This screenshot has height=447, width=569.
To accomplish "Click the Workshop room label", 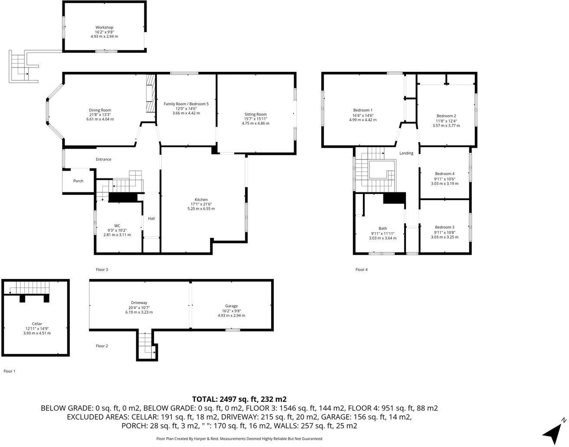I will (104, 27).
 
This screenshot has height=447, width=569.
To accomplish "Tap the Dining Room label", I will (100, 110).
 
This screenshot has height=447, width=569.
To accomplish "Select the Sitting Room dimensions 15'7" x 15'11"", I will (255, 119).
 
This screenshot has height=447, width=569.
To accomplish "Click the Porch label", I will (78, 181).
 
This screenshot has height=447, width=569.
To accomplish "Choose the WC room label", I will (117, 225).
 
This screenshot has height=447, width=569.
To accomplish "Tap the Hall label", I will (151, 218).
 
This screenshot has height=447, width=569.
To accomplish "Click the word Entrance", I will (104, 159).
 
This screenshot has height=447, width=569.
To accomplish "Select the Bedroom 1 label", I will (363, 110).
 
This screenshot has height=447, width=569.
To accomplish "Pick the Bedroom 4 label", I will (445, 174).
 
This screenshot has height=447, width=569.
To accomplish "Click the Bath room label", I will (383, 228).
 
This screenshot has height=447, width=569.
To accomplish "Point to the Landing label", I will (406, 153).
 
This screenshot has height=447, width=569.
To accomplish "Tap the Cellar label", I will (37, 324).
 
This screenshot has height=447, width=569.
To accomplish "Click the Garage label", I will (231, 306).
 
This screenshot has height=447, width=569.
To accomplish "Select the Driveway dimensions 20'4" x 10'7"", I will (139, 307).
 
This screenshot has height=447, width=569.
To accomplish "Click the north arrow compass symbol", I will (554, 431).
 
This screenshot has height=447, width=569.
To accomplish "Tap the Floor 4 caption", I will (361, 269).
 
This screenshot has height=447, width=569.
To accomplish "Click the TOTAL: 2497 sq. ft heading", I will (239, 399).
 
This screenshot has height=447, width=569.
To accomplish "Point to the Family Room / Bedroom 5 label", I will (186, 104).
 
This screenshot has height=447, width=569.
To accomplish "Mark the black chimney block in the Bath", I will (394, 198).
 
